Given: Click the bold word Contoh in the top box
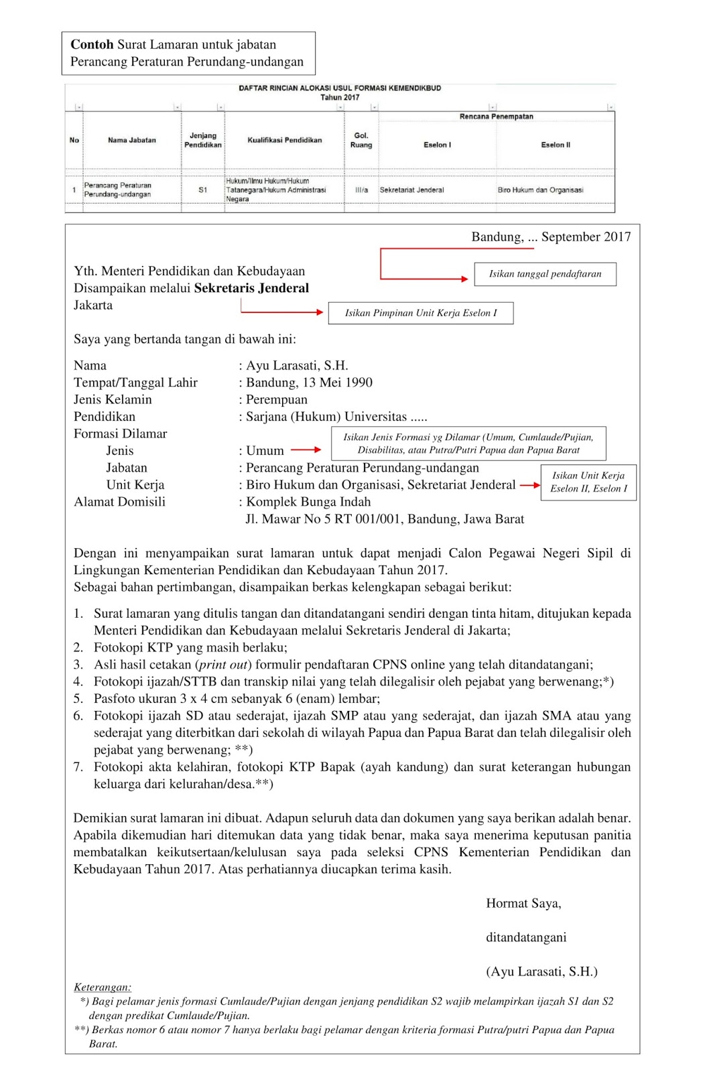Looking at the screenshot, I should pos(92,45).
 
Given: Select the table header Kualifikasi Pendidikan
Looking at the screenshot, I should pos(284,140).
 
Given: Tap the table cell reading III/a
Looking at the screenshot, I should pos(361,190).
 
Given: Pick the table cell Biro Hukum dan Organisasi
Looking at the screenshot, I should pos(540,190).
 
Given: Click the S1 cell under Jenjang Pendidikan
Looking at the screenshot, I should pos(202,190).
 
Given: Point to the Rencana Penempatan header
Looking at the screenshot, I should pos(496,117).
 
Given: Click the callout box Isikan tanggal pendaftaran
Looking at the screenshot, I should pos(545,274).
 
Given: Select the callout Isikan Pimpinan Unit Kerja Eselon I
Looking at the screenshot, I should pos(421,313).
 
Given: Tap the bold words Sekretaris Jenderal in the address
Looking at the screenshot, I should pos(251,288).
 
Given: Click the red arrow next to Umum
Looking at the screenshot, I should pos(306,450).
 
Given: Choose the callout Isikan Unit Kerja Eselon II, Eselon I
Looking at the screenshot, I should pos(588,482).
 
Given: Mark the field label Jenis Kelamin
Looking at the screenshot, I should pos(113,399).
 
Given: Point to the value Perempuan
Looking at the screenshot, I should pos(276,399).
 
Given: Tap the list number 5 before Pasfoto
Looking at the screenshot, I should pos(78,699).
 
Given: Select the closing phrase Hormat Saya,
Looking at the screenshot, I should pos(523,904).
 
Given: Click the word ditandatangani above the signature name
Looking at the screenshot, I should pos(526,937).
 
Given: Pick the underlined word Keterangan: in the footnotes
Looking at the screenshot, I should pos(103,988).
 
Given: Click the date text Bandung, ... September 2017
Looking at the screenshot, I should pos(551,237).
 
